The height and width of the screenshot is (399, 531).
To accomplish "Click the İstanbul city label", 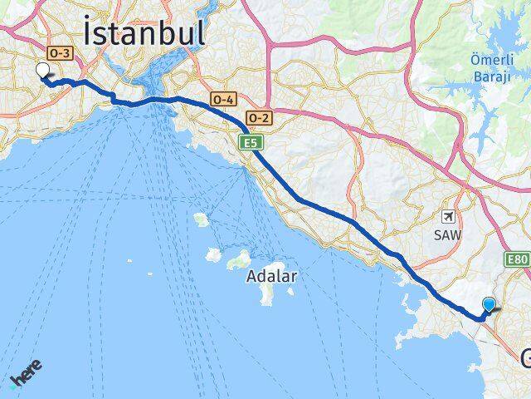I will (144, 34).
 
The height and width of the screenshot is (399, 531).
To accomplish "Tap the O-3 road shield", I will (60, 52).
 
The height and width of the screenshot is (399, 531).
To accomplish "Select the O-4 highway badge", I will (223, 99).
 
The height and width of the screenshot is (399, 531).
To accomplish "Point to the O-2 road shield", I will (258, 117).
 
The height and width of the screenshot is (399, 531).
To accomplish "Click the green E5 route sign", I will (250, 144).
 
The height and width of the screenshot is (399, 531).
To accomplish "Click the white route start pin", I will (42, 71).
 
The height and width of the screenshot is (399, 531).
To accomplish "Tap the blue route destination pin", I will (490, 306).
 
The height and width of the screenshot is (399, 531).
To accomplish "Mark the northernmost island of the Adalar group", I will (201, 219).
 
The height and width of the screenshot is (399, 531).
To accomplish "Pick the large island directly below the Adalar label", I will (266, 294).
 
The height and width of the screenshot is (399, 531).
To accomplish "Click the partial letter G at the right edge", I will (526, 359).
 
